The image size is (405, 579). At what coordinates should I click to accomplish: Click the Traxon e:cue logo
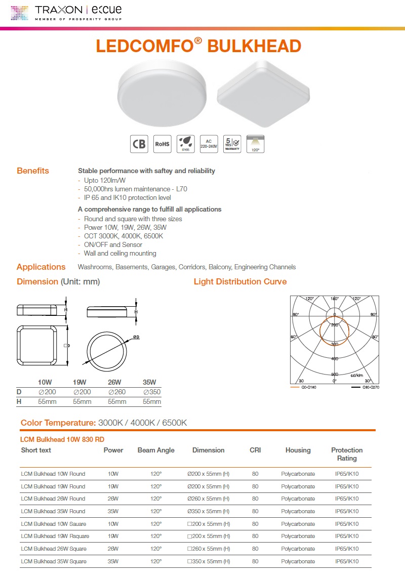(66, 12)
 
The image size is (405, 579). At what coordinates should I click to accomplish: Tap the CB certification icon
(139, 144)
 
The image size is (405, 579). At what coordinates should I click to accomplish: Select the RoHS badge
(162, 144)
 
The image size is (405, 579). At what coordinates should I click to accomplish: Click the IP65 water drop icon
(185, 144)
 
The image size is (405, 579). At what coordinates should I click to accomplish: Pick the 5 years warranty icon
(232, 144)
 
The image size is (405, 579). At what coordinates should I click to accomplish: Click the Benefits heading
(33, 171)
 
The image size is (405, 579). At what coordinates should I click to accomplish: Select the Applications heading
(41, 267)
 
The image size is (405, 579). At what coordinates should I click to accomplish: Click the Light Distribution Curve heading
(240, 281)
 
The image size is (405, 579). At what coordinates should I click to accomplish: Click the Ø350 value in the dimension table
(152, 392)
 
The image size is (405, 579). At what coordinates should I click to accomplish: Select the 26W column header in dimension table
(114, 382)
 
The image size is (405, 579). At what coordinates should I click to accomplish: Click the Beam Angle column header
(156, 450)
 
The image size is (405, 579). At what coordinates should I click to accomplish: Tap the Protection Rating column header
(347, 454)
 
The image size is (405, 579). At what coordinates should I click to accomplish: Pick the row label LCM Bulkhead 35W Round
(53, 511)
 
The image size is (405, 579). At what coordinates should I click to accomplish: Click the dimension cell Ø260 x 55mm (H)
(208, 499)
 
